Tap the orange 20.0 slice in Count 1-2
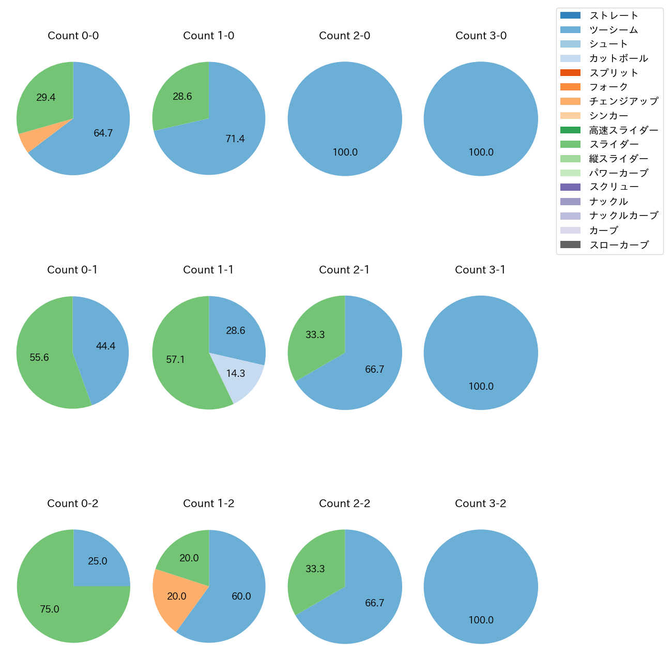click(x=173, y=597)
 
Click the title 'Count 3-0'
click(x=481, y=36)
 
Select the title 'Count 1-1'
click(x=208, y=270)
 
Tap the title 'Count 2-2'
click(x=344, y=503)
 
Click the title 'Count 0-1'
click(x=72, y=270)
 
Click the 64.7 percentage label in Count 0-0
click(x=103, y=133)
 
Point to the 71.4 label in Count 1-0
click(x=235, y=139)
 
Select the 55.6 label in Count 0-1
click(x=39, y=358)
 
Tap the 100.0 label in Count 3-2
click(x=481, y=620)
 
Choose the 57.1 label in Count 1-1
click(x=175, y=360)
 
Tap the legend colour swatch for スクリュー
click(x=570, y=187)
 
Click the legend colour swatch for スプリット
click(x=570, y=73)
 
